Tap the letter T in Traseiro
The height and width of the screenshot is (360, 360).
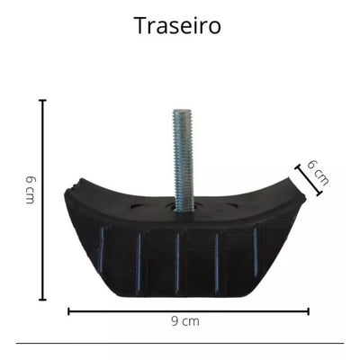[139, 25]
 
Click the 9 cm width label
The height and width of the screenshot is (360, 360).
[185, 321]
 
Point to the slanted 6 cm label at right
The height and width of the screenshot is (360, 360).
[318, 172]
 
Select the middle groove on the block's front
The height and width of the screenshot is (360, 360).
[177, 261]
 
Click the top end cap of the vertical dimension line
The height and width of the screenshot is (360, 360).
[42, 101]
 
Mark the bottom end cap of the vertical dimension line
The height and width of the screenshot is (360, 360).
[42, 299]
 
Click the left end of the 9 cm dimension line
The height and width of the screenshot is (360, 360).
[69, 311]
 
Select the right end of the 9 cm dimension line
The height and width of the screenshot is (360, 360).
[309, 311]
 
